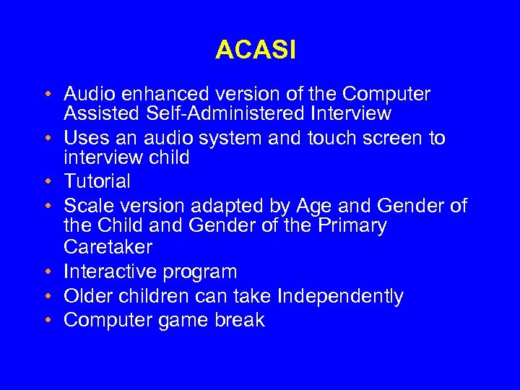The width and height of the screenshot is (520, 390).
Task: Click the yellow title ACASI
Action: (256, 51)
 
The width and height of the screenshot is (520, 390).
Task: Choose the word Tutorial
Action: (97, 181)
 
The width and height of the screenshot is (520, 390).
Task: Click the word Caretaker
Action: (108, 247)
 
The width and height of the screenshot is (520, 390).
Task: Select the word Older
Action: (87, 296)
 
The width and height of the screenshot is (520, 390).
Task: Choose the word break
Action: (240, 321)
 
